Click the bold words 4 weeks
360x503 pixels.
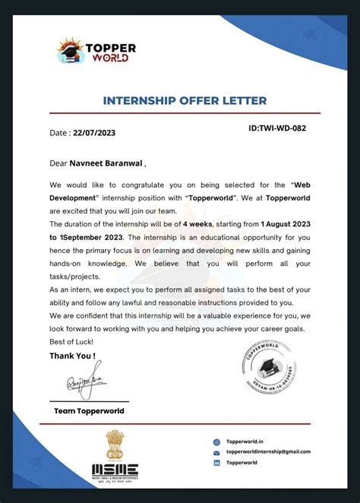coord(197,224)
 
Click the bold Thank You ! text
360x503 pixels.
coord(72,356)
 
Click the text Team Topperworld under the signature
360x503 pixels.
coord(89,411)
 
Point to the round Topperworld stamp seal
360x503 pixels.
coord(268,366)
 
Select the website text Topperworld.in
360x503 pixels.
coord(245,441)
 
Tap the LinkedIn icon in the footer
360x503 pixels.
coord(217,462)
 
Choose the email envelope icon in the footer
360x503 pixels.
coord(217,451)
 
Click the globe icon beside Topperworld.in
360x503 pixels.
coord(217,441)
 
